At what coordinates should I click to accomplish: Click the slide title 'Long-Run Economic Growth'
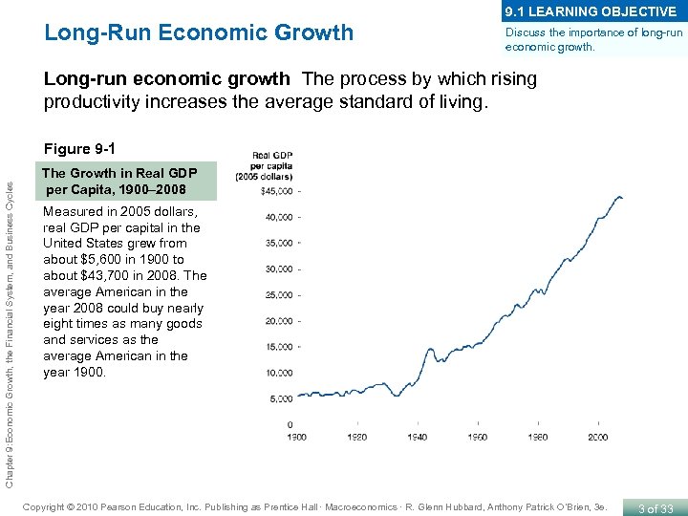tap(199, 33)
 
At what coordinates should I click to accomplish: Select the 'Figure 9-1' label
tap(80, 149)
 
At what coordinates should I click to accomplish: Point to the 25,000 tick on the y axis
tap(280, 294)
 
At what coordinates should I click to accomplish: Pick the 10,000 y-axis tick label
tap(280, 373)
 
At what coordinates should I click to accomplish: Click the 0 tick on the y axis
tap(290, 424)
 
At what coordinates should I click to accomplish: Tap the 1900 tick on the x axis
tap(298, 437)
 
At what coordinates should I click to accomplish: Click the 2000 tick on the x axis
tap(597, 437)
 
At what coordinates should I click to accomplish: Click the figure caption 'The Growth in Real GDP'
tap(119, 173)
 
